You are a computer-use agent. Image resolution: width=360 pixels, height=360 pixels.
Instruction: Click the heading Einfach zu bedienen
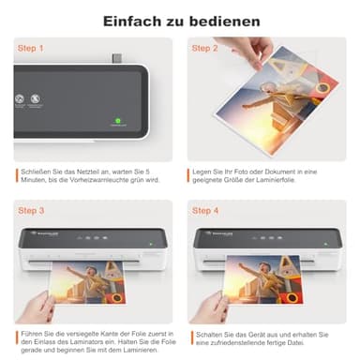coord(179,20)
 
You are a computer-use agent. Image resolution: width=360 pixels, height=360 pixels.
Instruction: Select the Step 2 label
coord(204,47)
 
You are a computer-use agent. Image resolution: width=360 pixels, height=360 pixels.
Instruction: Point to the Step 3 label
coord(31,211)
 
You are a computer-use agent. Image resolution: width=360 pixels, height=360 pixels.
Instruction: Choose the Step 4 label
coord(204,211)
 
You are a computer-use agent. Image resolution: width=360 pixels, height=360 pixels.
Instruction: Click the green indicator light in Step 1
coord(118,120)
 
